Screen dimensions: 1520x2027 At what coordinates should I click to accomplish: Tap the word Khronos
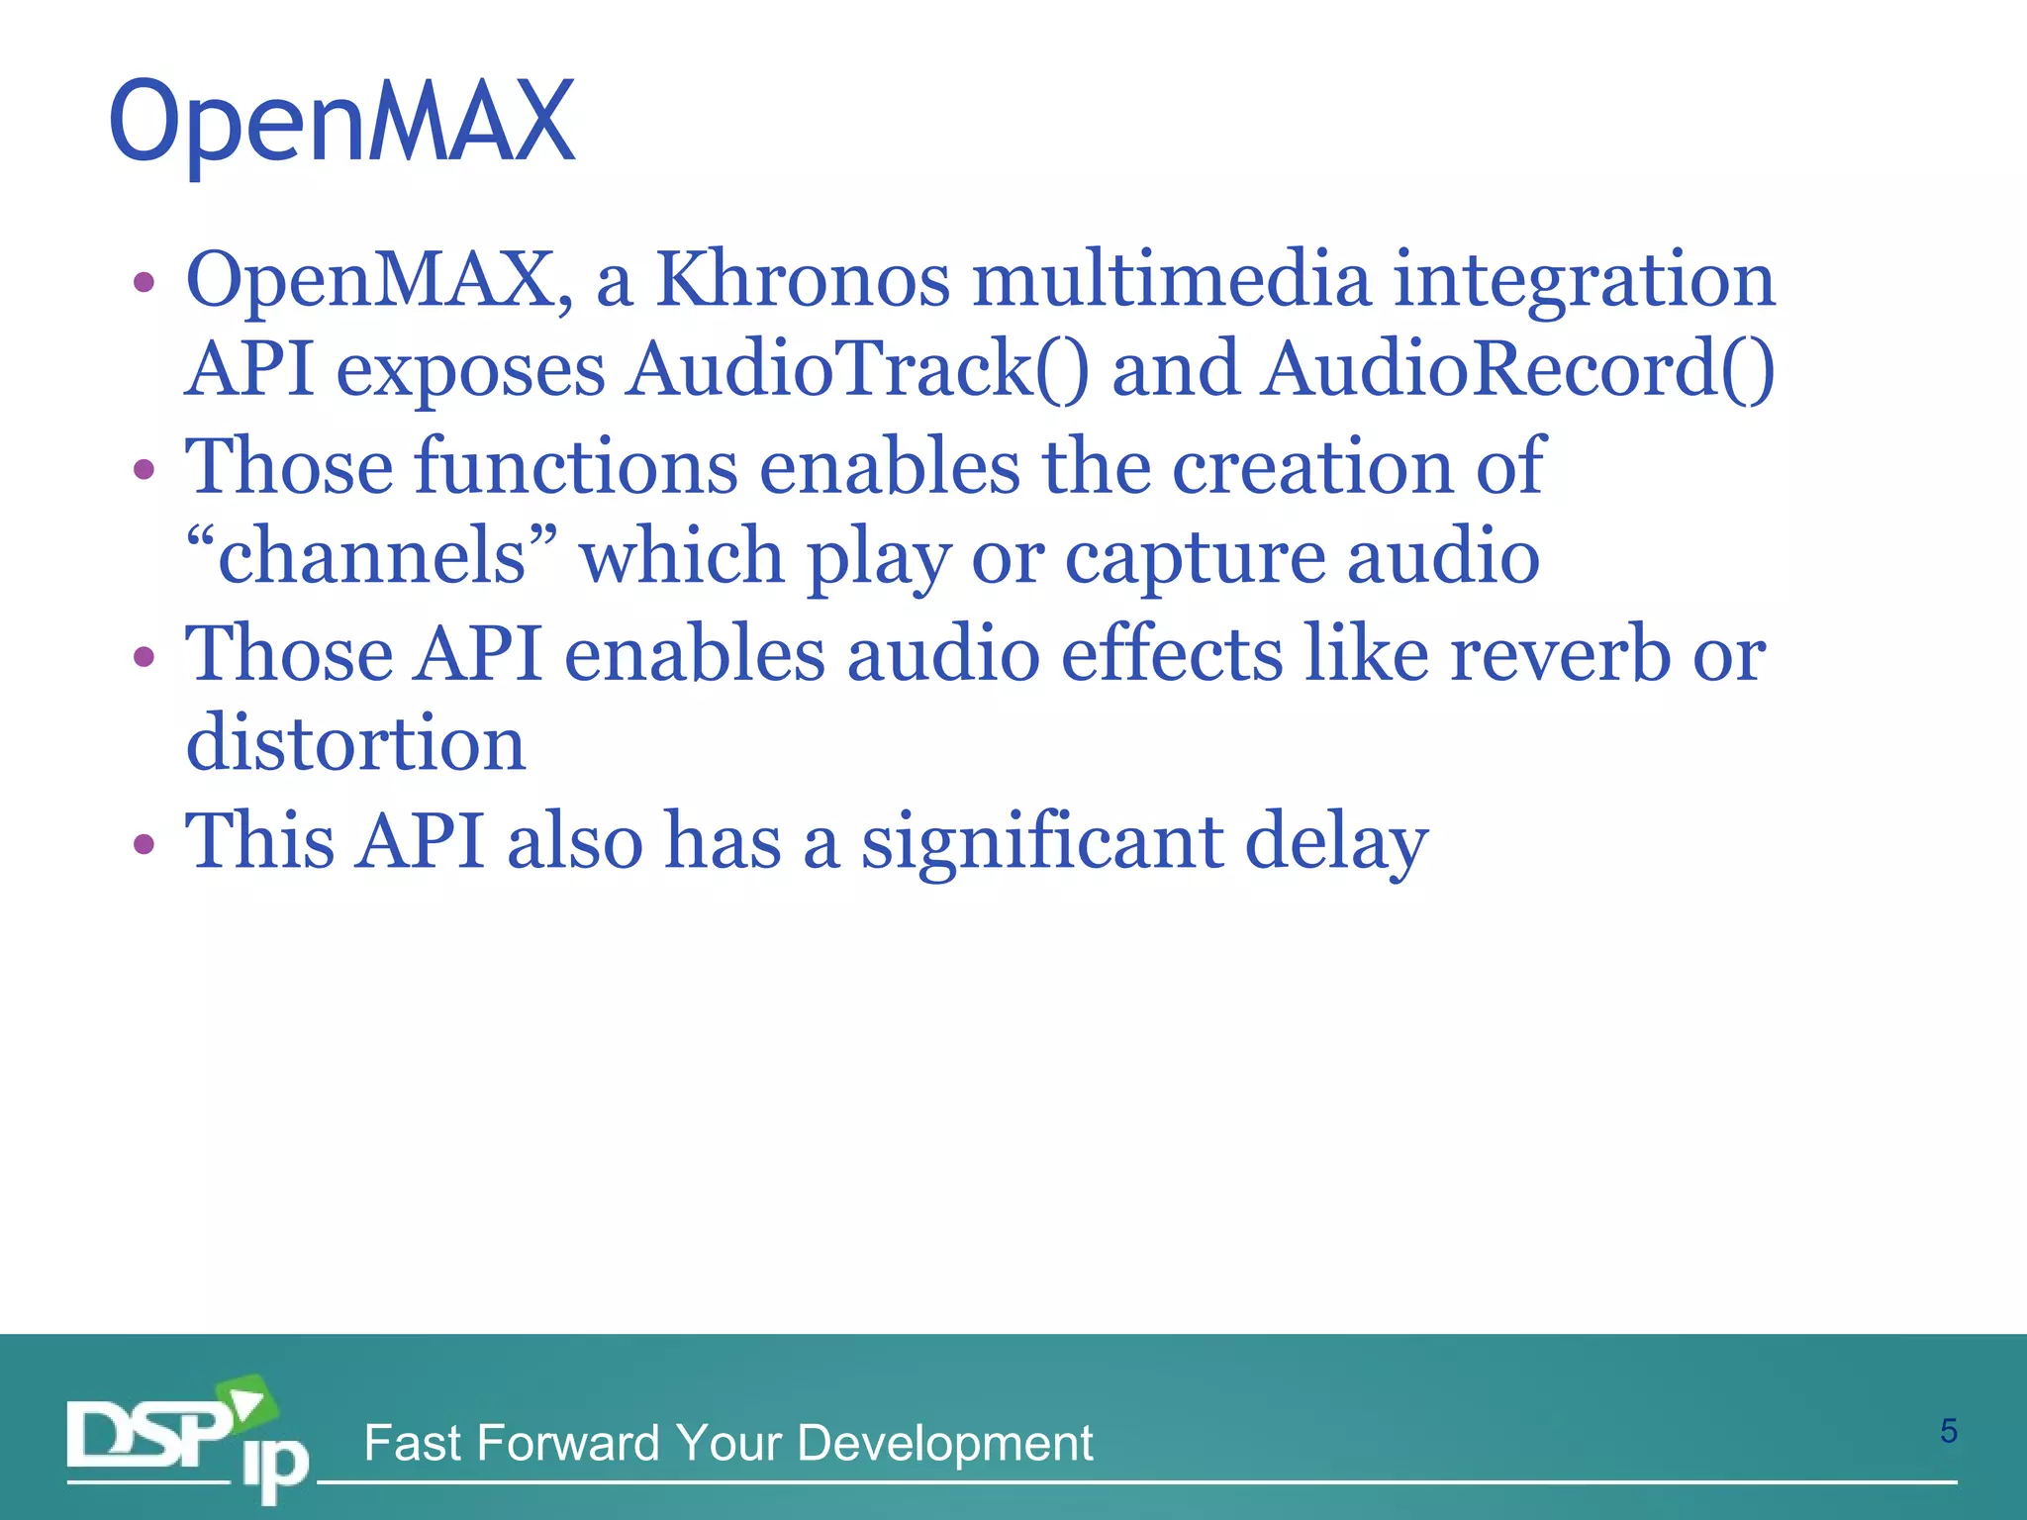803,280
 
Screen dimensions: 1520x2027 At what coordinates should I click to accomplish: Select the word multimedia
1172,280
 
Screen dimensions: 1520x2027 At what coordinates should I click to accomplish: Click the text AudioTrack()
857,369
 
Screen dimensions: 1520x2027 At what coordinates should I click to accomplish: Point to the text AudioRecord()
1517,369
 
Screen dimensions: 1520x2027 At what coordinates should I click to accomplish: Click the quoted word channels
372,556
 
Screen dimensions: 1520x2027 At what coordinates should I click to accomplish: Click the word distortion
355,743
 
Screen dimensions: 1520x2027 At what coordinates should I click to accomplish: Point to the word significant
1041,842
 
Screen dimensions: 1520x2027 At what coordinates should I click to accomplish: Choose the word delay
1336,842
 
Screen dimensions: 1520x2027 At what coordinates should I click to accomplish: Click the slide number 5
1948,1431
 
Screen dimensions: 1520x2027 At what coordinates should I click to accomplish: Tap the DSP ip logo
188,1440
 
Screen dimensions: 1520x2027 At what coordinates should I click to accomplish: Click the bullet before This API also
145,844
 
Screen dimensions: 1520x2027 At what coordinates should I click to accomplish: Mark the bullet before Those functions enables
145,468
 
